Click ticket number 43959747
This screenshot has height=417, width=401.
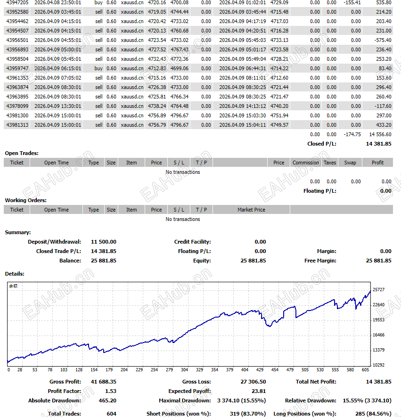coord(17,68)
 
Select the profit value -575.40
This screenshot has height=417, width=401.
coord(382,40)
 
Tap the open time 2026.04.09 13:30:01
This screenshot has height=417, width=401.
coord(57,106)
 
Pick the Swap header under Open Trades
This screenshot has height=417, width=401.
coord(350,163)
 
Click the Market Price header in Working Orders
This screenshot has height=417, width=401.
coord(251,210)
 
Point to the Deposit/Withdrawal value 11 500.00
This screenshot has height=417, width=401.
coord(104,242)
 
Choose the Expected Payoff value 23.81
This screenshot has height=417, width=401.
coord(259,391)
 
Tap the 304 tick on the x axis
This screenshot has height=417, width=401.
coord(184,370)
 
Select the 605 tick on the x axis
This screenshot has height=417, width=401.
coord(365,370)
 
